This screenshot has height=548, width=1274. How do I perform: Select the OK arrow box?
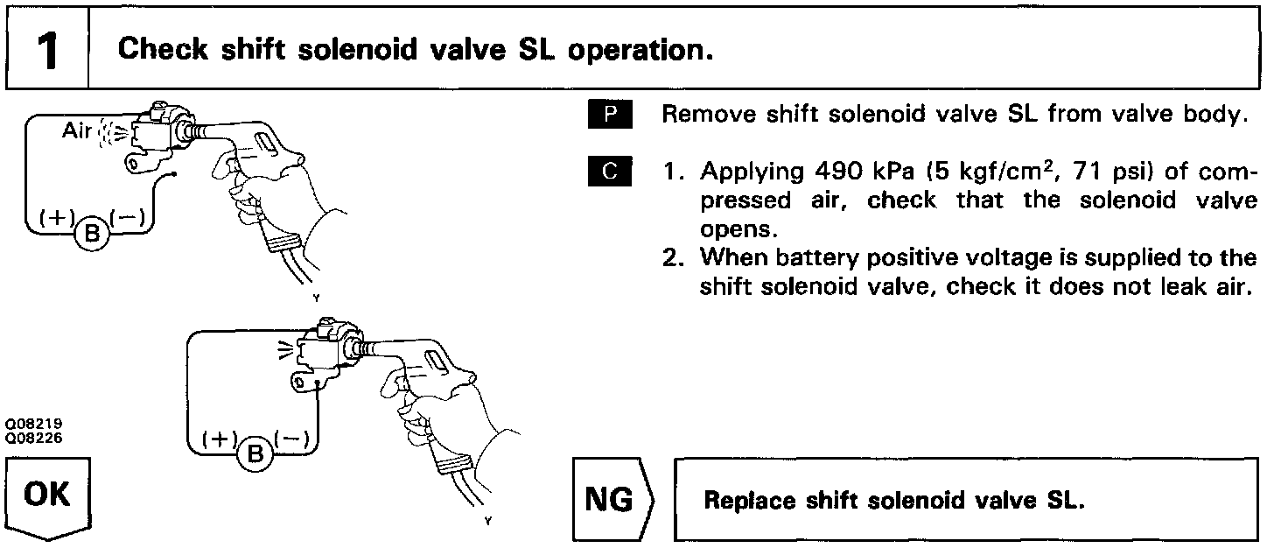click(x=48, y=499)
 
